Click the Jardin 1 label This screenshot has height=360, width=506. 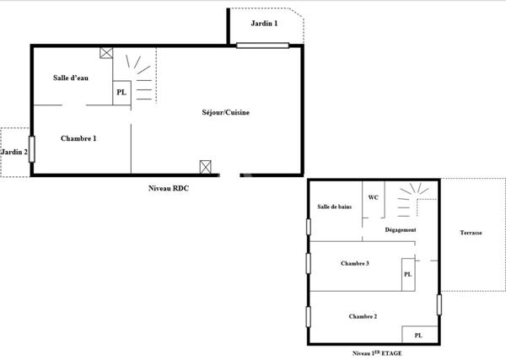(264, 24)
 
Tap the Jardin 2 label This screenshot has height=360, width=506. (13, 153)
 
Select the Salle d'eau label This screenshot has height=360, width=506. (71, 78)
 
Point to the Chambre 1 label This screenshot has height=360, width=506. (78, 138)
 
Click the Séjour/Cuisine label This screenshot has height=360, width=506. (225, 112)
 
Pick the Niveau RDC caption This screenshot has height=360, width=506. (168, 189)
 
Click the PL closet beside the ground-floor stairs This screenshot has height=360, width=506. (121, 93)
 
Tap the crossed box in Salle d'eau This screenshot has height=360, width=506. (106, 53)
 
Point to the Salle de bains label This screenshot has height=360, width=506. (334, 207)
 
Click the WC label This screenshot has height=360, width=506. (372, 198)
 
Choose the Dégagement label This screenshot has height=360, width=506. (401, 229)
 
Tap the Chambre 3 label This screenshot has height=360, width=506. (355, 264)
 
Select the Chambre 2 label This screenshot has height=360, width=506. (363, 316)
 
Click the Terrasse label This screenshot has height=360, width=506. (471, 233)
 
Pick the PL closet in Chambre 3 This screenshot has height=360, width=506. (407, 274)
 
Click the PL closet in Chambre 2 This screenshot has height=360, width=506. (418, 335)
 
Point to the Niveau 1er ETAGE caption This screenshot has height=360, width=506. (378, 354)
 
